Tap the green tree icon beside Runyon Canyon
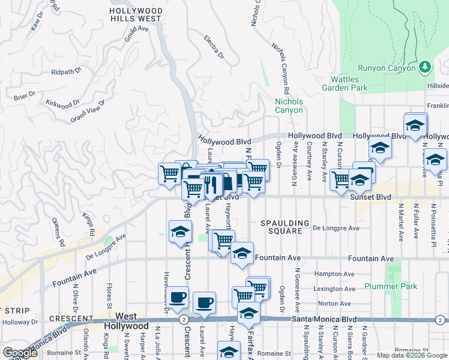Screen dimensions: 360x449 425,66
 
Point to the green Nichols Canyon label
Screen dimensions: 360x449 289,106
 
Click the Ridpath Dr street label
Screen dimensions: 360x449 66,71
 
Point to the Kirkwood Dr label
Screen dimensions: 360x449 63,103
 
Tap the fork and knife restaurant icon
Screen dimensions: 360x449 210,184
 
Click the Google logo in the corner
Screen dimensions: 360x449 20,353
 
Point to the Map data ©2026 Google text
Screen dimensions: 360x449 411,355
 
